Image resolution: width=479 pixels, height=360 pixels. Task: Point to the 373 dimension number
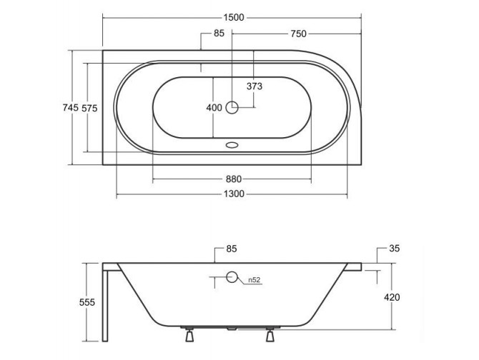[x=255, y=86]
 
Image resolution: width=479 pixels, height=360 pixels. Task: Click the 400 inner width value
[x=214, y=108]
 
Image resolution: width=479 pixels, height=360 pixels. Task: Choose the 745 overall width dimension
[x=70, y=107]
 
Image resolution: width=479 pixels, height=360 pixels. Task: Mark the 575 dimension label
[x=89, y=107]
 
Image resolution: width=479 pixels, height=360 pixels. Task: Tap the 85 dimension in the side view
[x=231, y=249]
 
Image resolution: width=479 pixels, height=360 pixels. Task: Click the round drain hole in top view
[x=232, y=108]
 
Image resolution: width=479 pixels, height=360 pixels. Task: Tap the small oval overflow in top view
[x=232, y=144]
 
